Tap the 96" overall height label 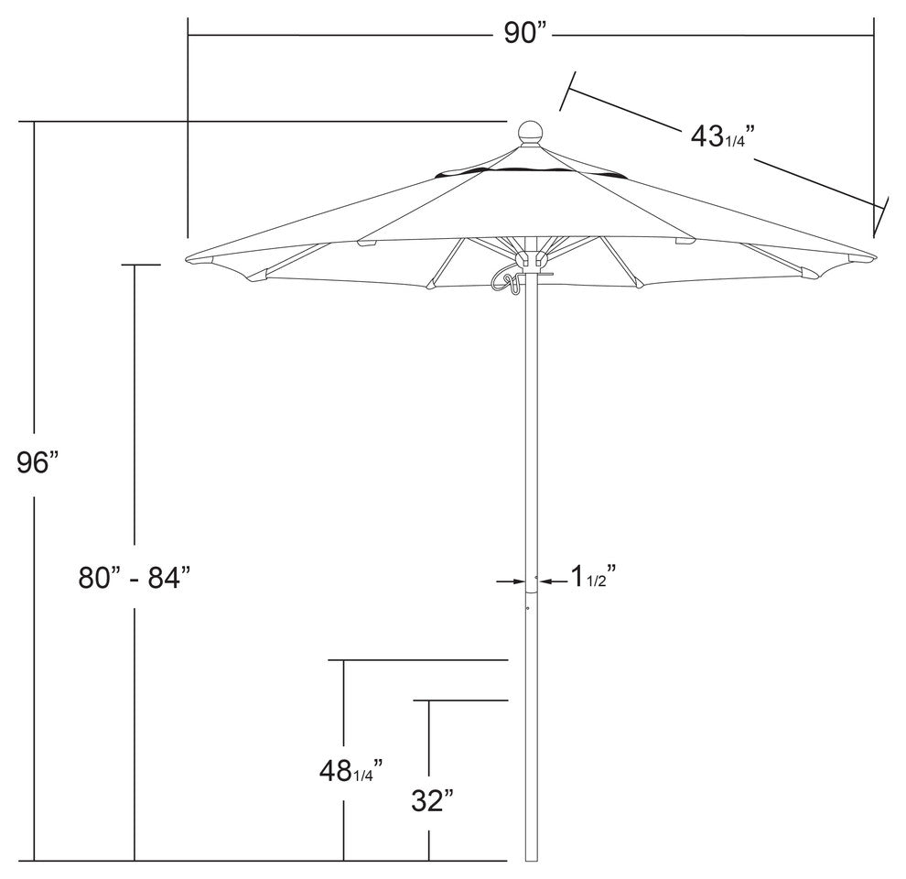(x=38, y=462)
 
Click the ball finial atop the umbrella (x=531, y=134)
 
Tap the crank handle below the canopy (x=505, y=278)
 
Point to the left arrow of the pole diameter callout (x=508, y=581)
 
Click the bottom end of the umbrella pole (x=531, y=859)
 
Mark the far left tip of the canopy (x=188, y=258)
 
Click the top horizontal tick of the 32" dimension (x=462, y=700)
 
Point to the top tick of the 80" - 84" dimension (x=140, y=266)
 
